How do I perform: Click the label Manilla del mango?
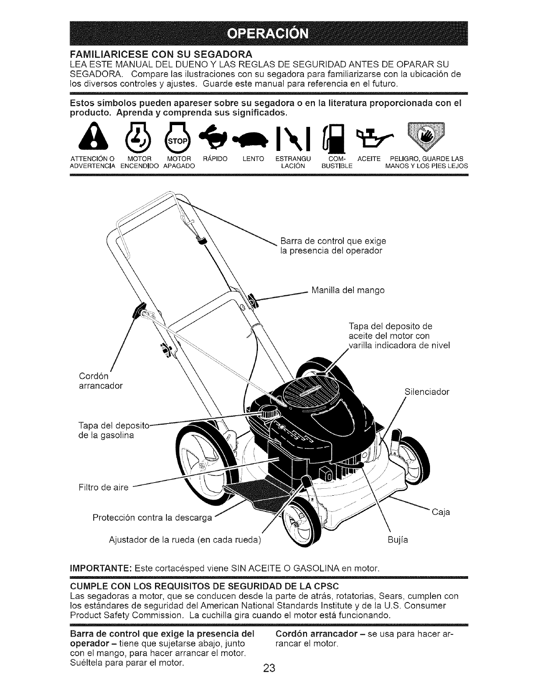point(348,290)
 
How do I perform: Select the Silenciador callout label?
point(427,392)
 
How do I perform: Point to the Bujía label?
point(398,540)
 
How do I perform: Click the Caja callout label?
point(441,512)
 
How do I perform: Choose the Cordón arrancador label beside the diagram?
point(101,381)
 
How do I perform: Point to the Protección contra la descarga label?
point(152,518)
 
